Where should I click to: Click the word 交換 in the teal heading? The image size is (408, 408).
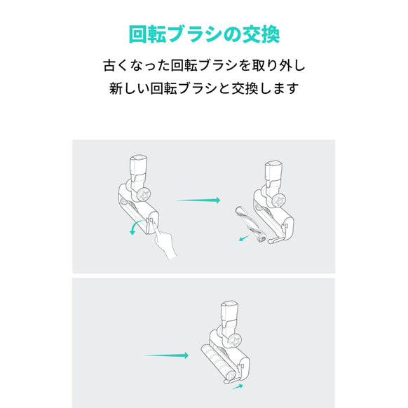(x=259, y=34)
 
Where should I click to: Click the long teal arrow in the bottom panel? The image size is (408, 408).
(x=166, y=355)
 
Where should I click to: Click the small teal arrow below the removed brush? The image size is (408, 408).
(x=243, y=238)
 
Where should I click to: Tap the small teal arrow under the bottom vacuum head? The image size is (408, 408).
(x=239, y=386)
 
